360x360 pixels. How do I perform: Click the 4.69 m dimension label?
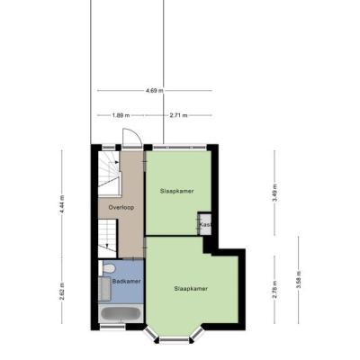point(155,90)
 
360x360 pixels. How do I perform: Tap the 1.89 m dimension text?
point(121,115)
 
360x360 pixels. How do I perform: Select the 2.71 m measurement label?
point(178,115)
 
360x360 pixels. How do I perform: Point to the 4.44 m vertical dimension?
point(62,204)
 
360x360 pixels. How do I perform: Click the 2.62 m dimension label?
point(62,291)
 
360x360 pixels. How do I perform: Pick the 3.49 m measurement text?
point(274,193)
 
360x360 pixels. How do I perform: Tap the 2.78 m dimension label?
point(274,289)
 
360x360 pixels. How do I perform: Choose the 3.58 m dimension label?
point(299,280)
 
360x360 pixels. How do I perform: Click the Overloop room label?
point(121,207)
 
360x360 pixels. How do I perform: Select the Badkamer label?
point(127,282)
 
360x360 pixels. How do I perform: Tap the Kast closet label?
point(206,224)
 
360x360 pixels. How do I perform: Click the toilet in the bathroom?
point(107,268)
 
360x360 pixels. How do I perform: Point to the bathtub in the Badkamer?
point(121,313)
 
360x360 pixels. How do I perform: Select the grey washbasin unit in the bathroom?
point(104,288)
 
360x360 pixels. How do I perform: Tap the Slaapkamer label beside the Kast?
point(176,191)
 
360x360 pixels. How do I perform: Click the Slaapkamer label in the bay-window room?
point(191,289)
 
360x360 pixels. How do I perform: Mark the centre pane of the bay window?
point(175,339)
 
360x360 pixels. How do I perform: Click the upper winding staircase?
point(109,174)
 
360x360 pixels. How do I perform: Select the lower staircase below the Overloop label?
point(107,238)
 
